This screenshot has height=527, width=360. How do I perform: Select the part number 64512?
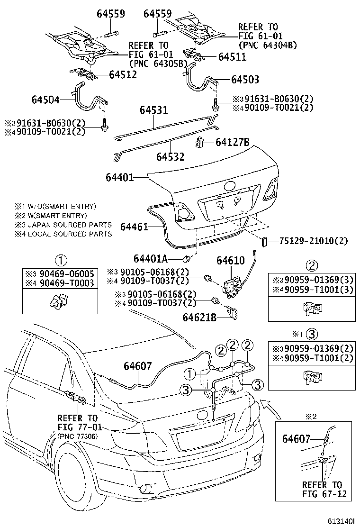point(123,74)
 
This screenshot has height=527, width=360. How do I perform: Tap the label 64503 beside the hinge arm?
point(245,80)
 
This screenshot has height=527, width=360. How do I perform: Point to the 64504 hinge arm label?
point(46,100)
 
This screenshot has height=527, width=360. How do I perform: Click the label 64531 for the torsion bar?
point(153,110)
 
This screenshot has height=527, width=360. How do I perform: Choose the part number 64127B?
point(232,142)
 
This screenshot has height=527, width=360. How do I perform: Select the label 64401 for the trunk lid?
point(119,178)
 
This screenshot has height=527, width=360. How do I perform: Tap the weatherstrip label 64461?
point(134,227)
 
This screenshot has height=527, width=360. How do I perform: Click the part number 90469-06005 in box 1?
point(70,274)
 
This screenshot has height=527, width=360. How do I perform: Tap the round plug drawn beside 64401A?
point(188,259)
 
